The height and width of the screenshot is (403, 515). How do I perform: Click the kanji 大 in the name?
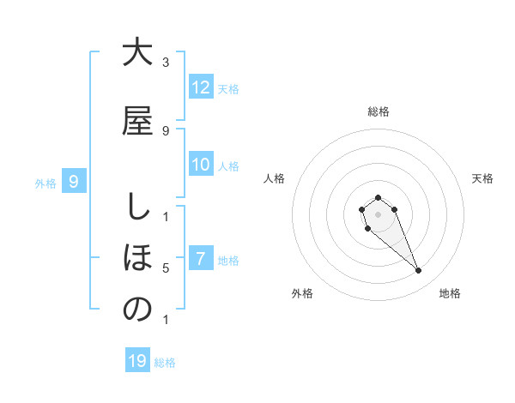[x=137, y=53]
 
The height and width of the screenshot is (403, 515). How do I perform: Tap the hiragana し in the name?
[x=137, y=206]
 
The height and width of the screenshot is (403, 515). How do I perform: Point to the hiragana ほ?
[x=137, y=257]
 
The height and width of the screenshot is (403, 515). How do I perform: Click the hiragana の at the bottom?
[x=137, y=310]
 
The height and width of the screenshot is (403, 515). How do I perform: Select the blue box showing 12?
[x=200, y=87]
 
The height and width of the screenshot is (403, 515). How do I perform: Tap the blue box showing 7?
[x=200, y=259]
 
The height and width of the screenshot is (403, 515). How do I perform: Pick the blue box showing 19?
[x=137, y=361]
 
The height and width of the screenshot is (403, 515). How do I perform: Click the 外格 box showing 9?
[x=74, y=181]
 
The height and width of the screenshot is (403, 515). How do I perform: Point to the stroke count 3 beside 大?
[x=166, y=63]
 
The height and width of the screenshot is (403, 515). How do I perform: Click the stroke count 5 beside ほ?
[x=166, y=268]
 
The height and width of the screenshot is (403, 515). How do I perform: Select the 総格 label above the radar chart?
[x=378, y=111]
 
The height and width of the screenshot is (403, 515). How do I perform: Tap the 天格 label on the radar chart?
[x=483, y=178]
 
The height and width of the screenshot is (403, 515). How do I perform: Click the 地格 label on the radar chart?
[x=450, y=293]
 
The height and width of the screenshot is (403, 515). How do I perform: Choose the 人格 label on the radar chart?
[x=274, y=178]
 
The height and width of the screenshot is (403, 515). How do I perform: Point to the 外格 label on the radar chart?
[x=302, y=293]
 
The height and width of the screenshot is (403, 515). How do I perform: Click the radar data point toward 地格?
[x=419, y=271]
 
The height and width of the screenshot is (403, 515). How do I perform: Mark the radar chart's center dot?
[x=378, y=214]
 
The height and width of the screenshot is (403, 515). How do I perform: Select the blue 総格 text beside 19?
[x=165, y=363]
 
